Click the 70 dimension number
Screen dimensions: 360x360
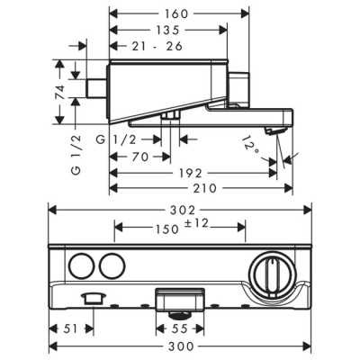(136, 156)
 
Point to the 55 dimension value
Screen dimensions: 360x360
(181, 329)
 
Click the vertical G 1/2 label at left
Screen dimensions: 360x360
(76, 154)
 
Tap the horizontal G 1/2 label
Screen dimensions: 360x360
(116, 139)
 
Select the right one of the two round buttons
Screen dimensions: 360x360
(111, 266)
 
